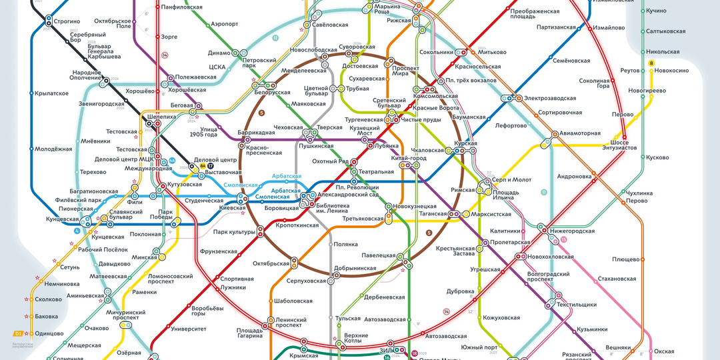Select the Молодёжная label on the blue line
point(53,149)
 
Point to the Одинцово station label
point(49,333)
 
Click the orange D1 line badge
point(18,333)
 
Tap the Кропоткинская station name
point(297,225)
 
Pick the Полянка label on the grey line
point(346,244)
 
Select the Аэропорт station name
point(225,23)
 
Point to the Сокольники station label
point(436,52)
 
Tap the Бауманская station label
point(468,117)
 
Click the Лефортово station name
point(511,125)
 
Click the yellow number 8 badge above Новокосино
point(651,63)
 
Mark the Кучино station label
point(656,11)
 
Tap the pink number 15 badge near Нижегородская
point(564,240)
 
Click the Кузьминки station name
point(592,329)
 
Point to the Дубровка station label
point(460,291)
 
